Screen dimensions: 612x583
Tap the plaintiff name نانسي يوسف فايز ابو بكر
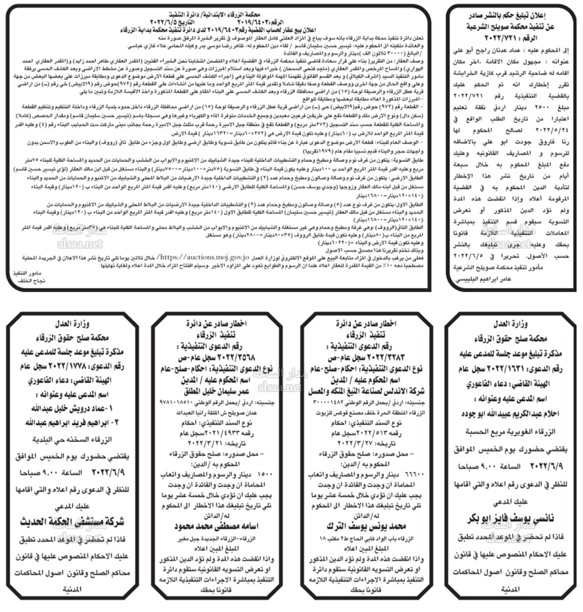click(507, 519)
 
